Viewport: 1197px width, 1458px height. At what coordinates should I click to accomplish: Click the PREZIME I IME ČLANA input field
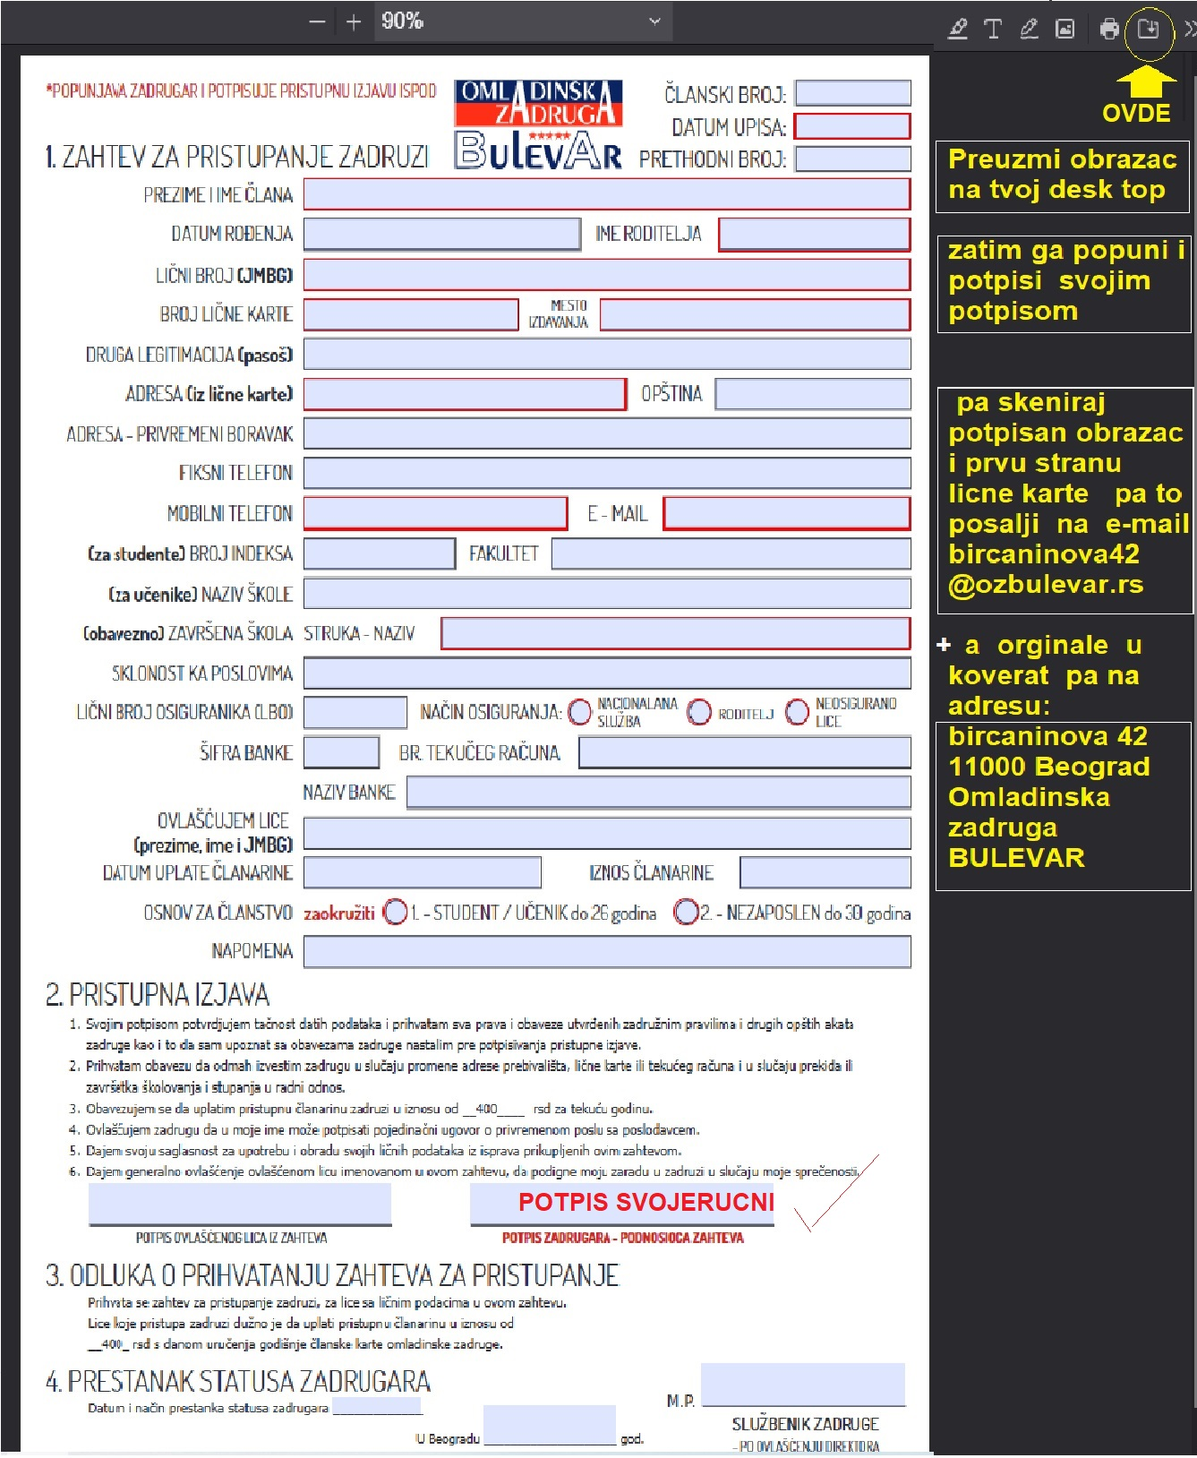[x=606, y=194]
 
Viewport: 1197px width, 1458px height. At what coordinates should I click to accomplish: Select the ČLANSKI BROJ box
[x=852, y=93]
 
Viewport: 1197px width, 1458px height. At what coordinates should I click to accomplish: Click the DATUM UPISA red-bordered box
[x=852, y=126]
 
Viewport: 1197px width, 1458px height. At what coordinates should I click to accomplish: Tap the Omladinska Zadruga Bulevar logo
[x=538, y=124]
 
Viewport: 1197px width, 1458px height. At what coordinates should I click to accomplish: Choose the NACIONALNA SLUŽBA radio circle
[x=580, y=712]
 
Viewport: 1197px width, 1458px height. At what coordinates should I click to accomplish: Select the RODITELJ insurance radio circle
[x=699, y=712]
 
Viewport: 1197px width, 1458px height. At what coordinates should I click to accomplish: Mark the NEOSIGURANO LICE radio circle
[x=797, y=712]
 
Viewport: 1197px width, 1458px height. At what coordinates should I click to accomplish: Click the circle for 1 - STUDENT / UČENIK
[x=395, y=913]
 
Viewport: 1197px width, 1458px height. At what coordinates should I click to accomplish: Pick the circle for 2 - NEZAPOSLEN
[x=686, y=913]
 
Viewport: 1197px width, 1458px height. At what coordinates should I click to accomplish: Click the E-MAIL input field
[x=786, y=513]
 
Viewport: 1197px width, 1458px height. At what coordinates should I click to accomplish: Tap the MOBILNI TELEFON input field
[x=435, y=513]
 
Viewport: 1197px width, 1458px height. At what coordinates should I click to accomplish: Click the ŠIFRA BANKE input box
[x=341, y=752]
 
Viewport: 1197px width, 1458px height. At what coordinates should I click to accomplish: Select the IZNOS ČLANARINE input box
[x=825, y=872]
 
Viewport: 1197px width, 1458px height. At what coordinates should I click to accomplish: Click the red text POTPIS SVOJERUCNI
[x=646, y=1202]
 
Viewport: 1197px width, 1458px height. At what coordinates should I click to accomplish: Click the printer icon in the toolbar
[x=1109, y=29]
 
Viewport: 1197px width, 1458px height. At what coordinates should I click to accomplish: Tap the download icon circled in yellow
[x=1148, y=29]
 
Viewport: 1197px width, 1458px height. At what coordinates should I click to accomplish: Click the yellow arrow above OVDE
[x=1146, y=83]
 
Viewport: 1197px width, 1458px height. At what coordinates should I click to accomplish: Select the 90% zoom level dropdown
[x=519, y=21]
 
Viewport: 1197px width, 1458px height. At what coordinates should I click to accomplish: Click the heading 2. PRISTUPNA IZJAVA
[x=158, y=995]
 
